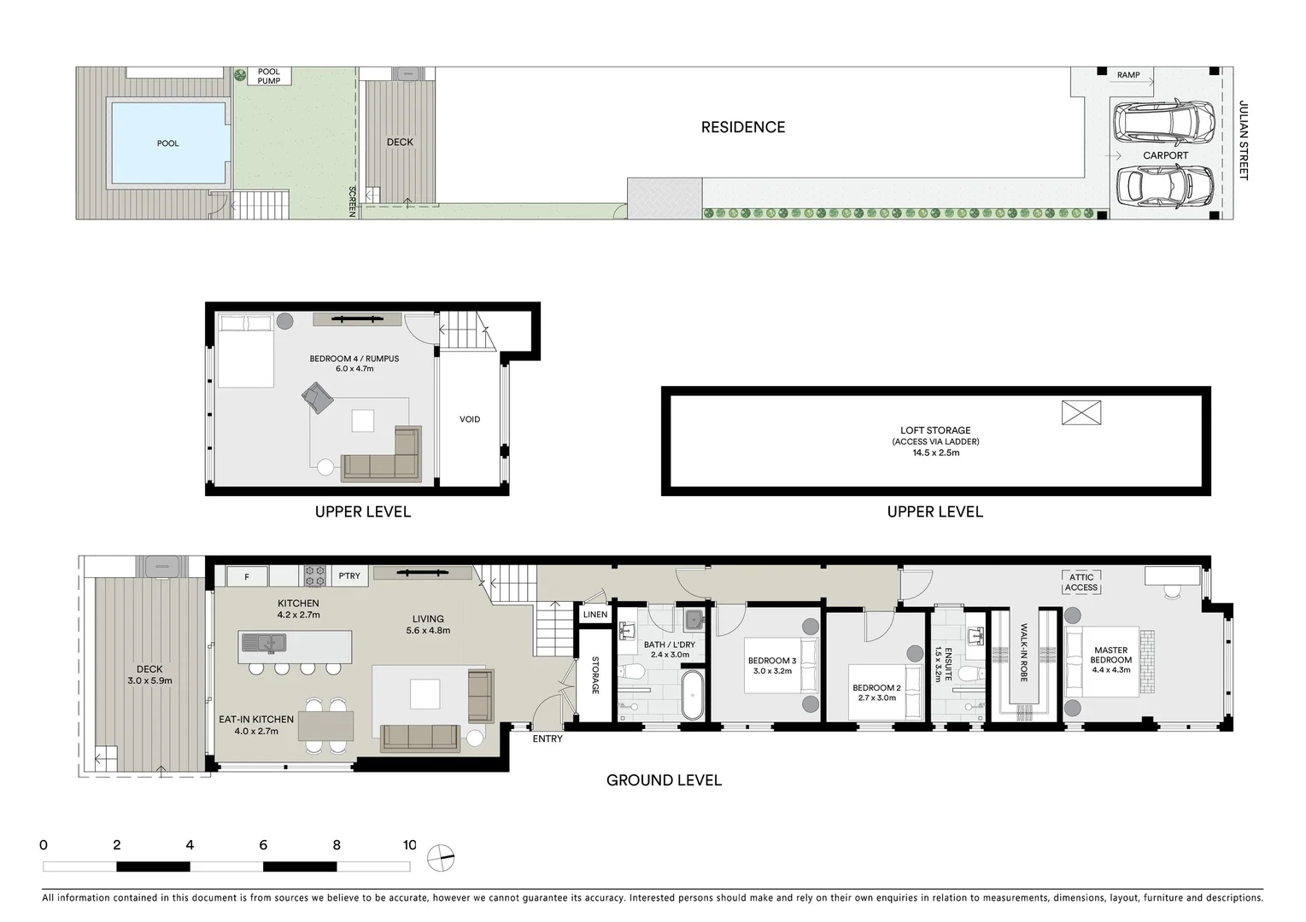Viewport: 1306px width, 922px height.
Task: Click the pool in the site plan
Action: click(x=168, y=143)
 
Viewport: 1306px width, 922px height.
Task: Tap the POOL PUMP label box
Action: click(x=269, y=77)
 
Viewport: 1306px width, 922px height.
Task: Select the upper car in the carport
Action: click(x=1165, y=122)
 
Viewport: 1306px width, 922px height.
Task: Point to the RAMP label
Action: click(x=1128, y=75)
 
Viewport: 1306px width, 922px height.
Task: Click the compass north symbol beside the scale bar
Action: click(x=441, y=857)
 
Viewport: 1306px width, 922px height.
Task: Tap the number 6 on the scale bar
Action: click(x=263, y=845)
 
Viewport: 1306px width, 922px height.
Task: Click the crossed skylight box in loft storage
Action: click(x=1081, y=413)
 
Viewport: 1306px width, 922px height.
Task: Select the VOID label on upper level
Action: click(x=470, y=419)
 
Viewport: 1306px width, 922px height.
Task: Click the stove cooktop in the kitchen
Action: click(x=315, y=576)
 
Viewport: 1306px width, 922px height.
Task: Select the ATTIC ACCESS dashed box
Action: click(x=1081, y=582)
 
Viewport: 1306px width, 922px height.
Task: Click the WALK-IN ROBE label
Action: click(x=1023, y=652)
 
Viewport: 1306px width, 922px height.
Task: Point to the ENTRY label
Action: click(x=548, y=738)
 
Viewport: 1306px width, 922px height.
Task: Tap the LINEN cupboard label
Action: click(x=595, y=615)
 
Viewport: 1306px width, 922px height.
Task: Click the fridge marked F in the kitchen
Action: click(x=247, y=577)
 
